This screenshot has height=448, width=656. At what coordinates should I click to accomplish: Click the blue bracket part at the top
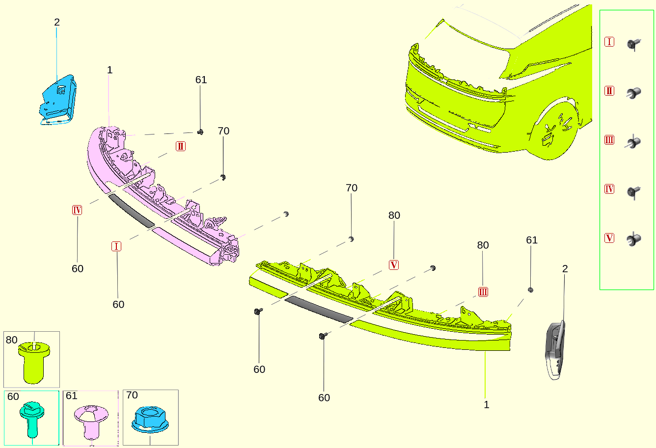coord(58,100)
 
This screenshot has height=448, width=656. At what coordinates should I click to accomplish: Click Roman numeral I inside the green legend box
coord(609,42)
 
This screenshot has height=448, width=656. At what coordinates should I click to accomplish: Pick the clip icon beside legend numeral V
coord(634,239)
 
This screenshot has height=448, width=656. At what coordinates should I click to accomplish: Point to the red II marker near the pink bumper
coord(180,146)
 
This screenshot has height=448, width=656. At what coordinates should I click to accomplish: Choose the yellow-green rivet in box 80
coord(34,362)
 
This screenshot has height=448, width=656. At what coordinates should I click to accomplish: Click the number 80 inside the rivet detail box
coord(12,340)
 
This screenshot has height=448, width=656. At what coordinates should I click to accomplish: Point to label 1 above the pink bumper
coord(110,70)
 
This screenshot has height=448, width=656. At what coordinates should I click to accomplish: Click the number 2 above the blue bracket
coord(57,22)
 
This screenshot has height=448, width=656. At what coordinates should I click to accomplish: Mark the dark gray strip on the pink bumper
coord(132,211)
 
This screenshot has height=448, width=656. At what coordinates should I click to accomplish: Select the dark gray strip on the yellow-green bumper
coord(319,309)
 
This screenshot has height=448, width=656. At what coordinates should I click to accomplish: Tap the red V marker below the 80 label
coord(394,265)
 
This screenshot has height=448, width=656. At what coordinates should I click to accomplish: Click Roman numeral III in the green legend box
coord(609,140)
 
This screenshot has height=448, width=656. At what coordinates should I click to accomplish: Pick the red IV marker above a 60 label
coord(77,210)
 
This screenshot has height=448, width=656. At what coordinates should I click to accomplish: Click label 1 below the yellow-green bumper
coord(487,405)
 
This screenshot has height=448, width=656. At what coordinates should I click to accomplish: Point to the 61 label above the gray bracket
coord(532,240)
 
